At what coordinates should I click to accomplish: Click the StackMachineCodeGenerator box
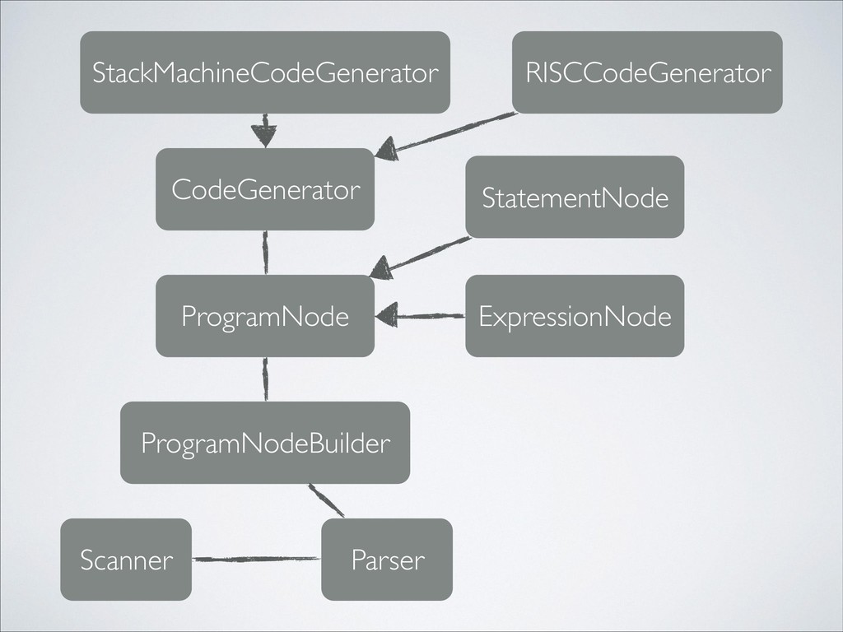click(x=265, y=72)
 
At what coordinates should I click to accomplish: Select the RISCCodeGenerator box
click(x=647, y=72)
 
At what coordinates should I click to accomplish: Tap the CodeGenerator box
click(x=265, y=189)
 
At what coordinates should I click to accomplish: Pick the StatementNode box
click(x=575, y=197)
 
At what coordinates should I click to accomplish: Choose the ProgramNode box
click(x=265, y=316)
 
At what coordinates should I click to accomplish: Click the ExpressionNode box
click(x=575, y=316)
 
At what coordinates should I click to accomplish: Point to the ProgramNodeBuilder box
click(x=265, y=443)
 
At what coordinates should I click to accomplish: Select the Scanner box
click(x=126, y=560)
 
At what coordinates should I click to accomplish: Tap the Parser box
click(x=387, y=560)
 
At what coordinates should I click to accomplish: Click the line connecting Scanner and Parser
click(x=256, y=560)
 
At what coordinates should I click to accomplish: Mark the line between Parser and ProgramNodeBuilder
click(x=326, y=501)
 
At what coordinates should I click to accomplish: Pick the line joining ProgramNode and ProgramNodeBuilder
click(x=265, y=379)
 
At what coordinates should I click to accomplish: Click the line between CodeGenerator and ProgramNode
click(x=265, y=252)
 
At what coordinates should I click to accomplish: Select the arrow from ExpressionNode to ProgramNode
click(x=432, y=314)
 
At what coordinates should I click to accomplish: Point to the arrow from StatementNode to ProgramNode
click(x=428, y=253)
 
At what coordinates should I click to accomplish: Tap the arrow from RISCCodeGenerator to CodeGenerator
click(x=457, y=133)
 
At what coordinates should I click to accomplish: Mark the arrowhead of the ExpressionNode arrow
click(x=387, y=314)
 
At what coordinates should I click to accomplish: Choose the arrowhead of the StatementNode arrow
click(x=380, y=267)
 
